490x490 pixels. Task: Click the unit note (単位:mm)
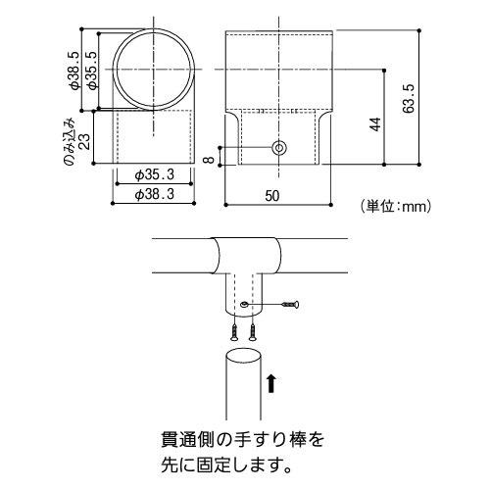pos(396,206)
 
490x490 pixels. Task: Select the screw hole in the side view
pos(279,148)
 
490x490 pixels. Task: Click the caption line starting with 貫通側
pos(241,440)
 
